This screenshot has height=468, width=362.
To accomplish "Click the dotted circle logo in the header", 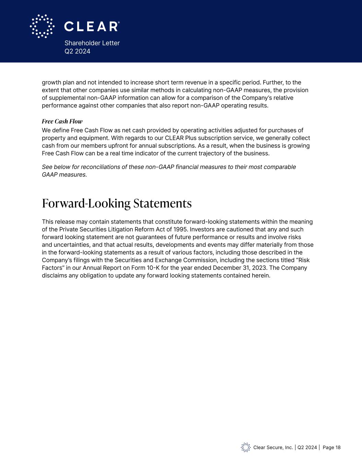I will point(42,26).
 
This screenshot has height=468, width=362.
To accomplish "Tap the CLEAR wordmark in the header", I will point(92,26).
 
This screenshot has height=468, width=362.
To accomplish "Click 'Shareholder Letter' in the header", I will point(92,43).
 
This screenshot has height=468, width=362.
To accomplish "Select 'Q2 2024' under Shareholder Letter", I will point(78,51).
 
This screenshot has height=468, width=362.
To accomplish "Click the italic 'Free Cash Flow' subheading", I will point(62,121).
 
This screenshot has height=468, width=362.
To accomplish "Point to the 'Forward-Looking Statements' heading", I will point(117,203).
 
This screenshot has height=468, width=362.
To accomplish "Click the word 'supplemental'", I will point(65,98).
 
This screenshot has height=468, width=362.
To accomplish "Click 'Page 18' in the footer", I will point(332,447).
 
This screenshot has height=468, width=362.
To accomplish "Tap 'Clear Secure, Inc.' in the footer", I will point(273,447).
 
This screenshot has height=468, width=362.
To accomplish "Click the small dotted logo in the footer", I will point(246,447).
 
